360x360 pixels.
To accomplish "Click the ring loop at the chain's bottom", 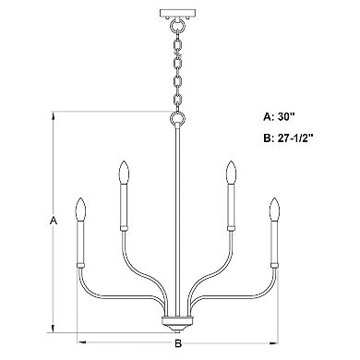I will pyautogui.click(x=175, y=119).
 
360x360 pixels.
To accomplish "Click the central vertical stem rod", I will pyautogui.click(x=175, y=222).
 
